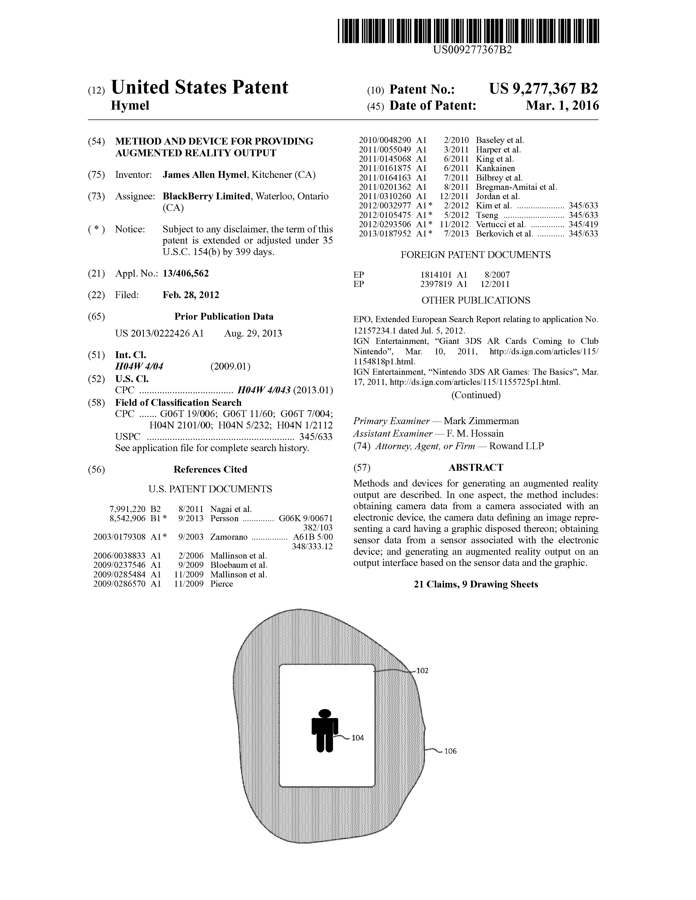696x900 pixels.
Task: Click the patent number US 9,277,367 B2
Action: pos(543,89)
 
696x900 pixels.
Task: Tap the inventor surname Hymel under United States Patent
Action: pos(130,106)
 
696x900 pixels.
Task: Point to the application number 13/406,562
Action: pos(186,273)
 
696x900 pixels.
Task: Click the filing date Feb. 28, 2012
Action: pos(191,295)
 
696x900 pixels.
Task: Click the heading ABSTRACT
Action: pos(475,467)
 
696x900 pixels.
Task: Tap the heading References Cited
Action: pos(210,469)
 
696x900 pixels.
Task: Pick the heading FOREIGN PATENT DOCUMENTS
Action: pos(475,255)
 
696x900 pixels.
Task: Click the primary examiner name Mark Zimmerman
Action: pos(481,421)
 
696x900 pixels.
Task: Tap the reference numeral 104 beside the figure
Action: pos(358,738)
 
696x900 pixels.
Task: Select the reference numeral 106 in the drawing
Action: pos(450,751)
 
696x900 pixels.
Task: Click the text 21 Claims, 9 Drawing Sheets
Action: pos(475,584)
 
